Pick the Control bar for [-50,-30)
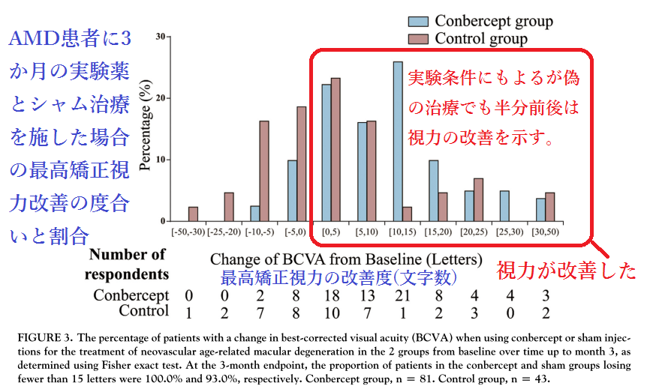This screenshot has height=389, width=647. click(193, 214)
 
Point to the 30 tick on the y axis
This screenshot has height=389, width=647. click(161, 36)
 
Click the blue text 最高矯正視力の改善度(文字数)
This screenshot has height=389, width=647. click(337, 277)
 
